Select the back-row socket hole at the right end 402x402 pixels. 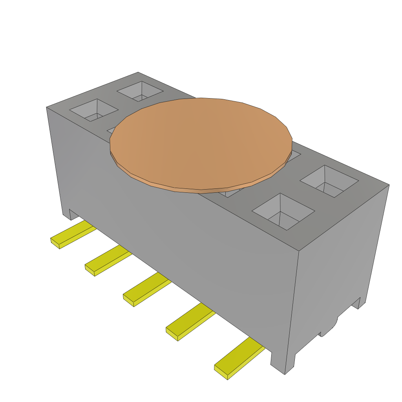[329, 181]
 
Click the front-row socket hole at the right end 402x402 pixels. [283, 212]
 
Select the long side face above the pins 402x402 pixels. [177, 236]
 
